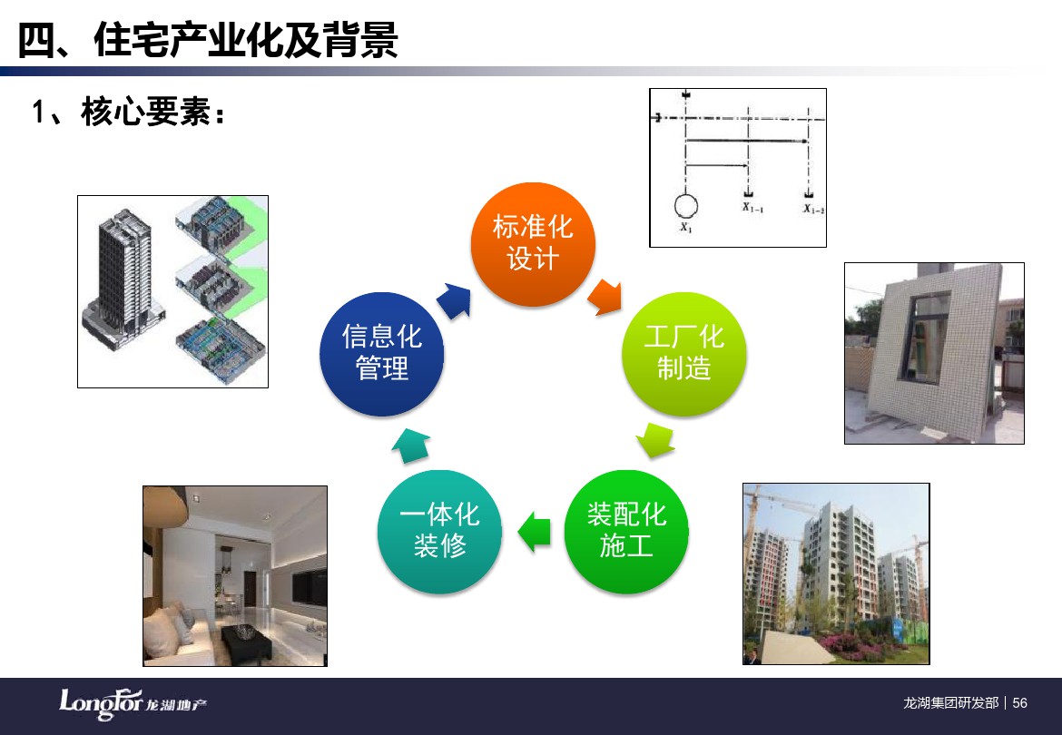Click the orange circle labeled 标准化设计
coord(533,244)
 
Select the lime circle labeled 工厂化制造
coord(684,354)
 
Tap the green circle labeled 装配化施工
coord(626,532)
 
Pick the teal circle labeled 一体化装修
coord(439,532)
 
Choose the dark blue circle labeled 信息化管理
coord(382,354)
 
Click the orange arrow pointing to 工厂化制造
coord(605,297)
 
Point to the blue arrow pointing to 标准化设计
coord(454,300)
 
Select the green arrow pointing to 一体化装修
coord(535,532)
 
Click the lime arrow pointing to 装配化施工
coord(655,440)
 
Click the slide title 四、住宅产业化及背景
coord(208,40)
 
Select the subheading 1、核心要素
coord(129,112)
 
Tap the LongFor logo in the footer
coord(133,704)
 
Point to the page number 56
coord(1020,703)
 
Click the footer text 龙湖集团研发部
coord(951,703)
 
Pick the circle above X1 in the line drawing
coord(686,206)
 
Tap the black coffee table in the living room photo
coord(245,641)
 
